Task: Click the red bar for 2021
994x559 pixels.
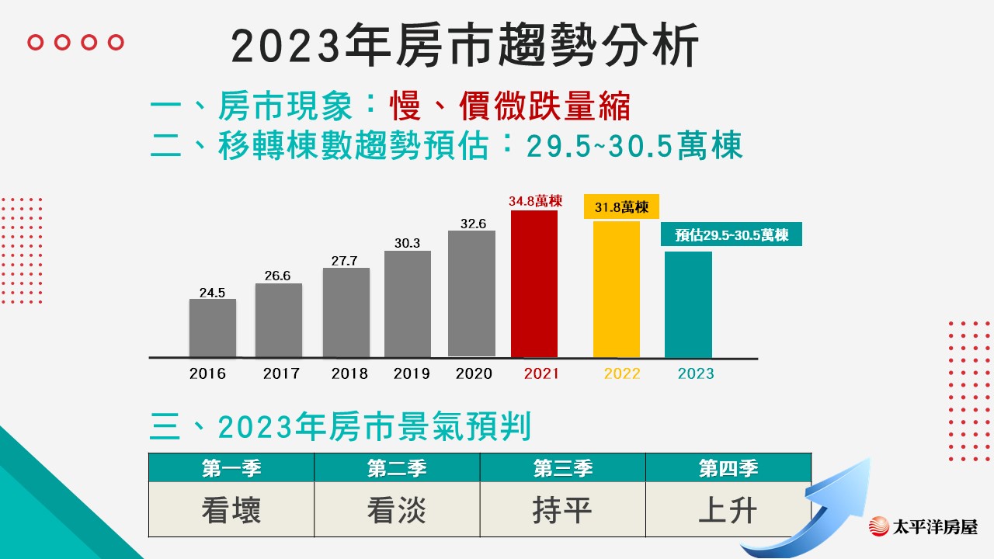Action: coord(534,283)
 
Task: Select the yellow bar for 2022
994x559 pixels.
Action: coord(617,289)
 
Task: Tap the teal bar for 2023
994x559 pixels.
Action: coord(688,304)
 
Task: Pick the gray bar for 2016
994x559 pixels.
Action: coord(212,328)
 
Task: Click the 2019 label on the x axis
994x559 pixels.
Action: coord(412,373)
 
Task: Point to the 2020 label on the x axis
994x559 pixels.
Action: coord(474,373)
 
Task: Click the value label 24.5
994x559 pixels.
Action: coord(212,293)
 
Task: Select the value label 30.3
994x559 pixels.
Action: coord(407,243)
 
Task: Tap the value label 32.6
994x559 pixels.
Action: coord(472,224)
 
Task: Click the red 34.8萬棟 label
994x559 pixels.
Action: coord(535,201)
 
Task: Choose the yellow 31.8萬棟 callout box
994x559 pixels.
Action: coord(621,207)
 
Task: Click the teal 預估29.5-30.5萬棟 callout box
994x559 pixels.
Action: coord(731,234)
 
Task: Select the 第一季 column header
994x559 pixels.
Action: coord(231,468)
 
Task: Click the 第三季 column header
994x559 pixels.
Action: coord(562,468)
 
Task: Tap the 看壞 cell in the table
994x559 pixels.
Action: coord(231,510)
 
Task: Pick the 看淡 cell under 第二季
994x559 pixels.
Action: coord(397,510)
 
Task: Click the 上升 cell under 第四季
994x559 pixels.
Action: coord(728,510)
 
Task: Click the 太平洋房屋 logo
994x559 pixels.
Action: coord(923,526)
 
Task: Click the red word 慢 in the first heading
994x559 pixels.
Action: coord(405,107)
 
